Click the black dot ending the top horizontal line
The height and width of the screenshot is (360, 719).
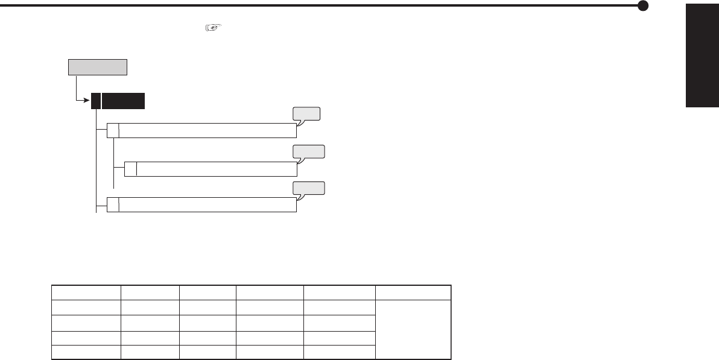click(644, 6)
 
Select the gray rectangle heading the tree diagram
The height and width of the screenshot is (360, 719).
click(98, 67)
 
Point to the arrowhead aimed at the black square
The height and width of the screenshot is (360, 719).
click(87, 101)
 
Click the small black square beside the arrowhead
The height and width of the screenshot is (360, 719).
click(96, 101)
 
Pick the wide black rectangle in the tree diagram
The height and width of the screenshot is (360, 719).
click(124, 101)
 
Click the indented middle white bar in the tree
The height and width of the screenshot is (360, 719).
click(217, 169)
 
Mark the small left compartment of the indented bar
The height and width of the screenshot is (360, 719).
click(131, 169)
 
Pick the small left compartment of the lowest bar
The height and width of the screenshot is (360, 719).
click(113, 204)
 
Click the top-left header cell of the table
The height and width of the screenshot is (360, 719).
click(86, 292)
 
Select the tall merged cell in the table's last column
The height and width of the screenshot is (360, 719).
click(413, 329)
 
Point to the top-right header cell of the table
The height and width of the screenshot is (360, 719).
click(413, 292)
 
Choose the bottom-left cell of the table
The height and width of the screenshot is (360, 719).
click(86, 352)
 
